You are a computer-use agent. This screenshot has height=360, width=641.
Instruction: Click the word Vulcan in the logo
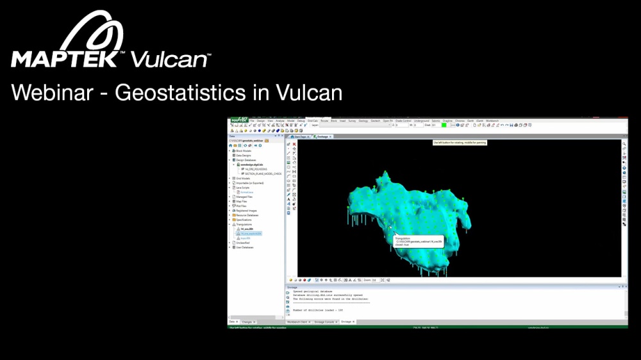170,60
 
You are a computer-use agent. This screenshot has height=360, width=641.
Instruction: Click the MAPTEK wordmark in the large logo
64,60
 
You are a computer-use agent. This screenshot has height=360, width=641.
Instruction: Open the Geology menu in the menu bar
363,120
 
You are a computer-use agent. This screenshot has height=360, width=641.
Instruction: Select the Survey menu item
353,120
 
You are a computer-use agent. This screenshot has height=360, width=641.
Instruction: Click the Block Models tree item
244,151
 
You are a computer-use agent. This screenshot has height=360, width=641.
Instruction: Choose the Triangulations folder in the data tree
245,224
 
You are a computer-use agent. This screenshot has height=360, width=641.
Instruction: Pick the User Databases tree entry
245,247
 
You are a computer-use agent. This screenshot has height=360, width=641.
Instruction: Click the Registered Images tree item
247,210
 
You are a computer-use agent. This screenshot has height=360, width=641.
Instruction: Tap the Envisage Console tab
324,322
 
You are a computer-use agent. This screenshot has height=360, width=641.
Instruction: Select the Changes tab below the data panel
247,322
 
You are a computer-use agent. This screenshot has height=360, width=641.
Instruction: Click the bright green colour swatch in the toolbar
444,125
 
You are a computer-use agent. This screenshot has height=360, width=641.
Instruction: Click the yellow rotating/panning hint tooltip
460,142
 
